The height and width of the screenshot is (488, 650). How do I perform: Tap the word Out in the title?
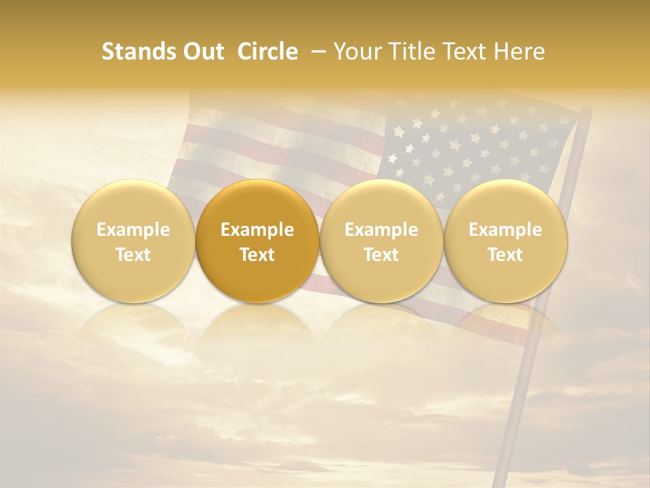(x=202, y=52)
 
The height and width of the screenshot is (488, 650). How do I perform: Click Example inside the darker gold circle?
(x=257, y=230)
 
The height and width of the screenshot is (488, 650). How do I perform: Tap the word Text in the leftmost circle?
(x=133, y=255)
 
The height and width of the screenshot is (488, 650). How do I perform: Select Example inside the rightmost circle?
(x=505, y=230)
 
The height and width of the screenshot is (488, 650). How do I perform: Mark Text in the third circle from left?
(x=381, y=255)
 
